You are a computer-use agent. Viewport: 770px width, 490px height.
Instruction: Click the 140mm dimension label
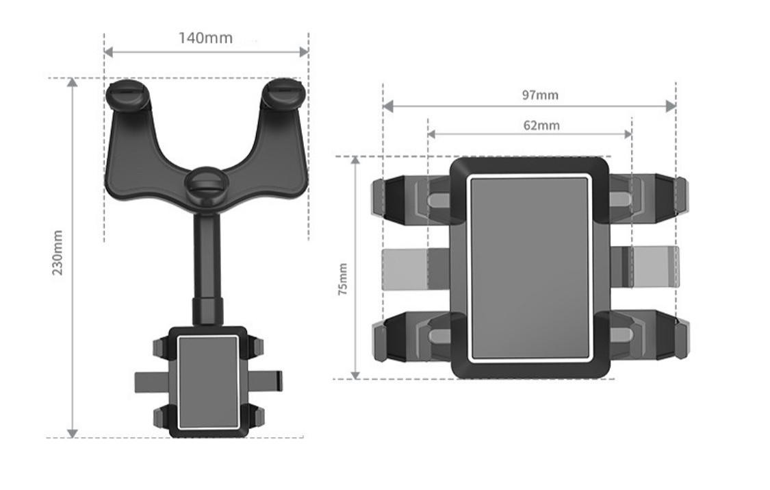pyautogui.click(x=205, y=38)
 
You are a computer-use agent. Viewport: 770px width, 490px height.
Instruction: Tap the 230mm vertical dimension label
pyautogui.click(x=58, y=253)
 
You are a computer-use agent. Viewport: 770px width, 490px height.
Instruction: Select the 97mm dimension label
pyautogui.click(x=540, y=95)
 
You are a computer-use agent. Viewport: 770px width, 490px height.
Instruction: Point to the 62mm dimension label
pyautogui.click(x=541, y=125)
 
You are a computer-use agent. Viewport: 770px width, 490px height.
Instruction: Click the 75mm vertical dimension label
pyautogui.click(x=343, y=279)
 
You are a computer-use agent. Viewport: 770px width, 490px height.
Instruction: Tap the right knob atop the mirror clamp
pyautogui.click(x=284, y=93)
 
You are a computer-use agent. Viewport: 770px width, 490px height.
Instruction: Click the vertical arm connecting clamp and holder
pyautogui.click(x=207, y=268)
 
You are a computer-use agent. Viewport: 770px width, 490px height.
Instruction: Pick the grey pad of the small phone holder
pyautogui.click(x=208, y=382)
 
